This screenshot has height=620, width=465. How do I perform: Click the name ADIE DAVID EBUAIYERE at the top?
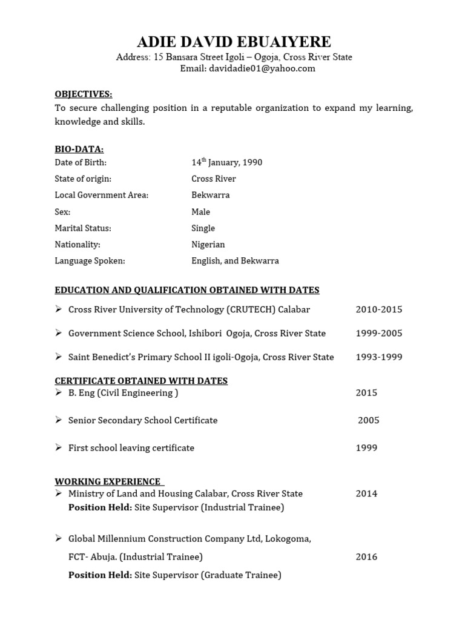(234, 42)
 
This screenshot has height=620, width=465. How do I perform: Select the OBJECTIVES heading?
(84, 94)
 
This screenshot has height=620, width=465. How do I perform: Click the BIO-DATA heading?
(79, 149)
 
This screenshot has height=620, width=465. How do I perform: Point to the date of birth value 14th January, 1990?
(226, 163)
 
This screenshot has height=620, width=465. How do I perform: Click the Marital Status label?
(83, 228)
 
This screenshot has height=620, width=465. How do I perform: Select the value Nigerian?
(208, 245)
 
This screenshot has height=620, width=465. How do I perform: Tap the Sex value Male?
(200, 212)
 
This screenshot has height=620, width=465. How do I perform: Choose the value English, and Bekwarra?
(235, 261)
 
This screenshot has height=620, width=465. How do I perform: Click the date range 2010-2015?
(379, 309)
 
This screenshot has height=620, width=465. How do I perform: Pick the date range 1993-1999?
(379, 357)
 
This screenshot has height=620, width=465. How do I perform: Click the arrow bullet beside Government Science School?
(59, 333)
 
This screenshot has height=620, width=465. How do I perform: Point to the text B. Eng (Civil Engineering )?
(123, 393)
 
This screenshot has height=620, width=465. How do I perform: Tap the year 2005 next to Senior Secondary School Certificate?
(369, 420)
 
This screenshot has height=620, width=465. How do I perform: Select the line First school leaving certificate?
(131, 448)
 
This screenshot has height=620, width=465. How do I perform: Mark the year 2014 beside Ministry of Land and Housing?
(366, 493)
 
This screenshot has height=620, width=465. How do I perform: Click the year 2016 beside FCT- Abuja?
(366, 557)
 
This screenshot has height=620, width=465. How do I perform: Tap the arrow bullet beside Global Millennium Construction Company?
(59, 538)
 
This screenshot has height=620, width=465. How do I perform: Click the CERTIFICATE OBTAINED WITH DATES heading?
(141, 381)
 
